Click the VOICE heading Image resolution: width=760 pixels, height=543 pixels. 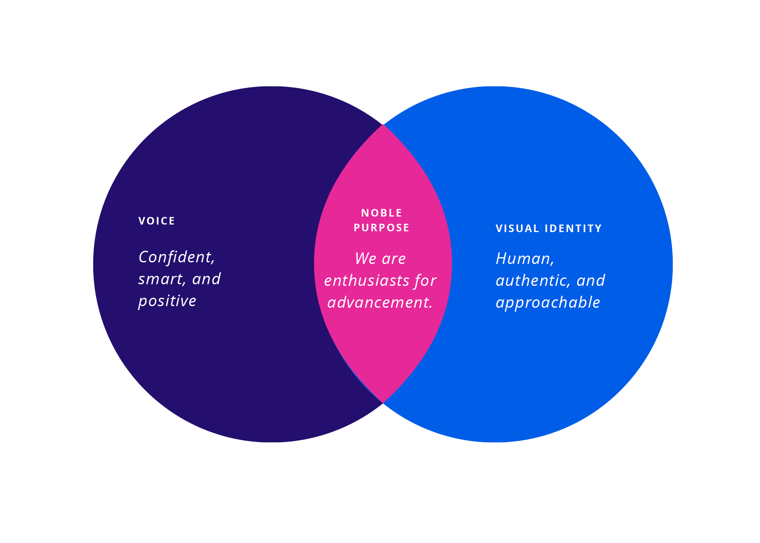[157, 221]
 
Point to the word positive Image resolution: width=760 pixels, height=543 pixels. [167, 301]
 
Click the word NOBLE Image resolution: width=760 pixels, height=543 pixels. [381, 213]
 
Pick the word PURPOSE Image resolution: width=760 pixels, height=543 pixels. [381, 228]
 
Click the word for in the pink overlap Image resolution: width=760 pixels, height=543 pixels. [425, 281]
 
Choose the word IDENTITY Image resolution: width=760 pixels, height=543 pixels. [573, 229]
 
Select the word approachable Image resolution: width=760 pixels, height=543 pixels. [548, 303]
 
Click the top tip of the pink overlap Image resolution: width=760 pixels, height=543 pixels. [383, 125]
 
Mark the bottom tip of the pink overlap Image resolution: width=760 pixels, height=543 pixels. [383, 402]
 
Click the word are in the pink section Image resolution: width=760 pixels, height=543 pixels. [394, 259]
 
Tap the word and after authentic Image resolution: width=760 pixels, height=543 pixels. [591, 281]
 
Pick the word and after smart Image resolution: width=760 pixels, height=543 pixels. [206, 279]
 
